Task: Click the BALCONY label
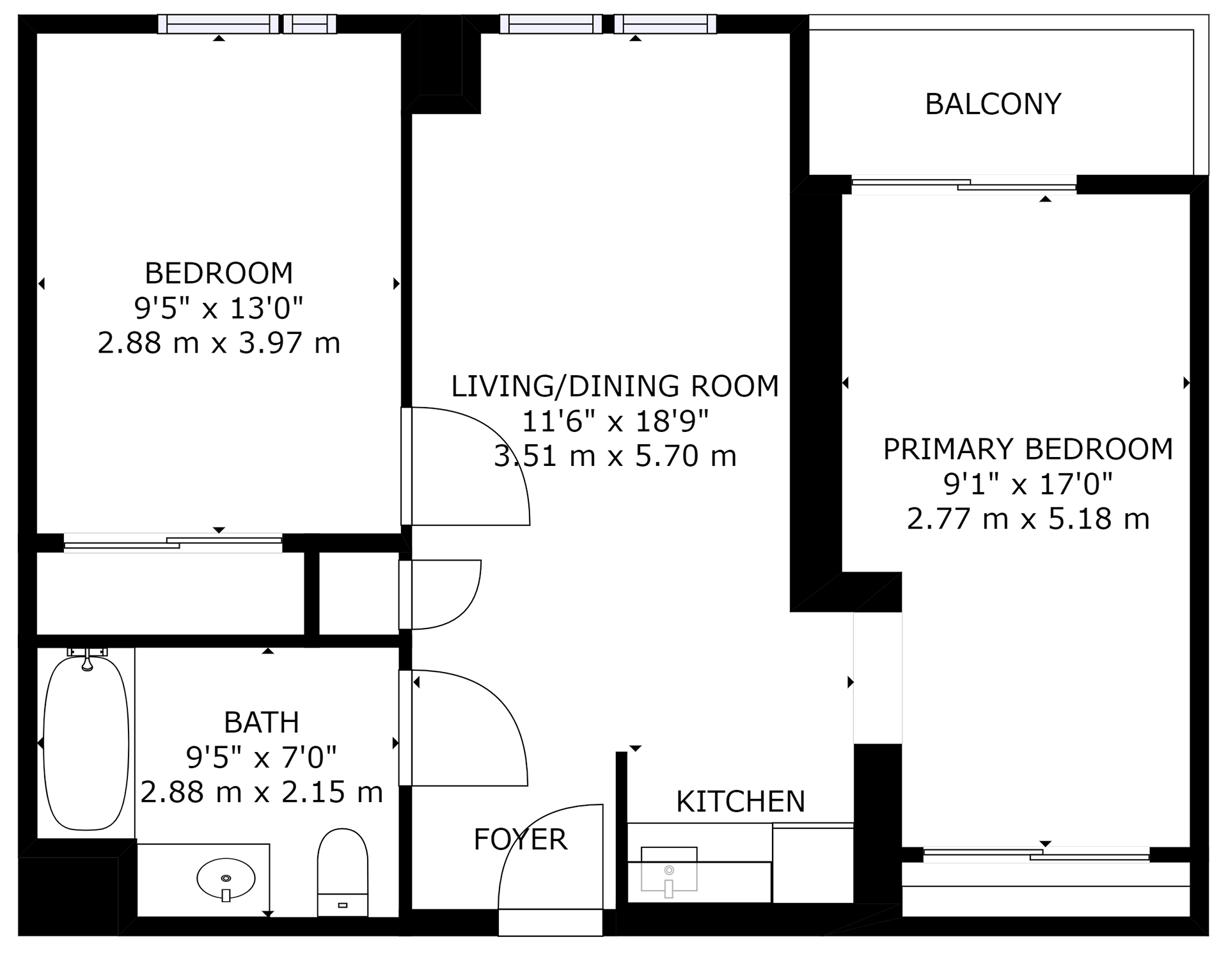(x=993, y=104)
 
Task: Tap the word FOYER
(x=520, y=839)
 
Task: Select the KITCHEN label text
(x=741, y=801)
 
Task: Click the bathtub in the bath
(x=86, y=742)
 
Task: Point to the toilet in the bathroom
(x=342, y=872)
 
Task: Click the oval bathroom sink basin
(x=226, y=878)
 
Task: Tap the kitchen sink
(x=669, y=869)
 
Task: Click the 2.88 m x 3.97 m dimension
(x=219, y=343)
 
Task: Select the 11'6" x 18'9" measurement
(x=615, y=421)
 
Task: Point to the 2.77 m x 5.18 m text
(x=1028, y=518)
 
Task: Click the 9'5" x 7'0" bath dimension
(x=262, y=757)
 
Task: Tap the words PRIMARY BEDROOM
(x=1028, y=449)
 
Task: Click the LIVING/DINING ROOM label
(x=615, y=386)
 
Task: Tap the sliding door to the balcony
(x=964, y=184)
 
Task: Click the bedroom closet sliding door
(x=173, y=543)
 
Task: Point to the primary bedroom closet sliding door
(x=1037, y=854)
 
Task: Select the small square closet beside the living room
(x=359, y=593)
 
